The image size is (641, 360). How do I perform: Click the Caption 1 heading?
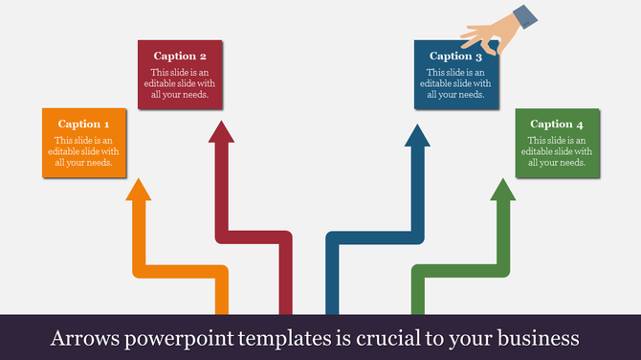coord(84,124)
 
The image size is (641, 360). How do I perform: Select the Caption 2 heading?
coord(180,56)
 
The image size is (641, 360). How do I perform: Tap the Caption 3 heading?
coord(455,56)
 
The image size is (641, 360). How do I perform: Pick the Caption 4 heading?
coord(557,124)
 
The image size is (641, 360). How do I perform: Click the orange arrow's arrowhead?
coord(140,191)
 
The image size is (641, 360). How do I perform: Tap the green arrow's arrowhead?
coord(501,191)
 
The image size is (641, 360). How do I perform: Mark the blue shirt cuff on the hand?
coord(524,16)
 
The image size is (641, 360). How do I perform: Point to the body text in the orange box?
coord(84,151)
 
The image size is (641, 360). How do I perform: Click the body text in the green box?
coord(557,151)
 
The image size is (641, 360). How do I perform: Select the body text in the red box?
coord(180,83)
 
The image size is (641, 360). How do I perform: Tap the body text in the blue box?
coord(455,83)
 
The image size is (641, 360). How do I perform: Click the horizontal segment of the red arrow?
coord(253,237)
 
